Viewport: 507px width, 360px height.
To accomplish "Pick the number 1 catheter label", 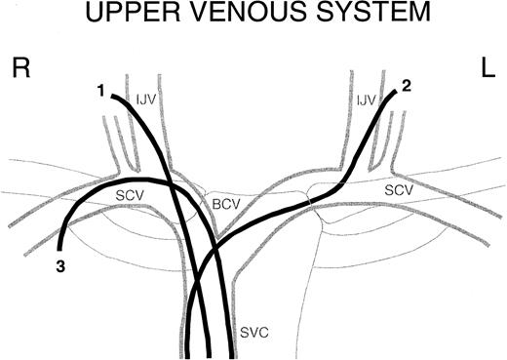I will coord(100,91).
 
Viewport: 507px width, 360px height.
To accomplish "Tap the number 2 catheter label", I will coord(407,85).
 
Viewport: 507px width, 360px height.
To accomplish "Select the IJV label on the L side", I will coord(365,99).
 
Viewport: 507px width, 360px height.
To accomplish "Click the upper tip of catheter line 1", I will coord(113,95).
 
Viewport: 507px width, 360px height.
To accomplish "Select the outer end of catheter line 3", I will coord(60,251).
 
